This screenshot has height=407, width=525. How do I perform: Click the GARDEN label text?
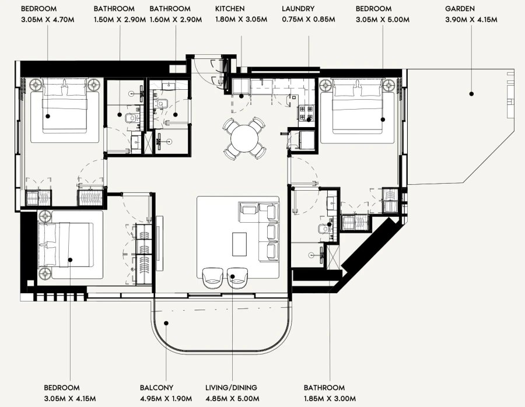click(x=460, y=9)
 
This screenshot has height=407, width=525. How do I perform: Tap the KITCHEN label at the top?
click(x=230, y=9)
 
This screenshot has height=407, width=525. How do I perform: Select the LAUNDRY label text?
click(x=298, y=9)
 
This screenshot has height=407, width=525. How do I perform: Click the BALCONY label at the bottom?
click(x=156, y=388)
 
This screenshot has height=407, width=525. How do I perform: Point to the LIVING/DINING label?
click(x=231, y=388)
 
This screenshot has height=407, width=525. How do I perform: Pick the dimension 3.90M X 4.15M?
click(x=471, y=19)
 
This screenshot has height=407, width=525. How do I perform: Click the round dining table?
click(x=244, y=138)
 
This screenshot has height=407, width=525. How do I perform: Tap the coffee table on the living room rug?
click(x=240, y=244)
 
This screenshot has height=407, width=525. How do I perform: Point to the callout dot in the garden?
click(x=471, y=93)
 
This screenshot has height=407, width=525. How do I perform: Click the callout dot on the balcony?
click(x=166, y=322)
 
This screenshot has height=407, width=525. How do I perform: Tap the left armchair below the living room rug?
click(x=211, y=278)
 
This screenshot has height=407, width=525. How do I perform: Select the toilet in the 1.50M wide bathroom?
click(x=132, y=120)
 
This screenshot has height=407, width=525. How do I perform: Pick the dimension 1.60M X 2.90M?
click(x=176, y=19)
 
